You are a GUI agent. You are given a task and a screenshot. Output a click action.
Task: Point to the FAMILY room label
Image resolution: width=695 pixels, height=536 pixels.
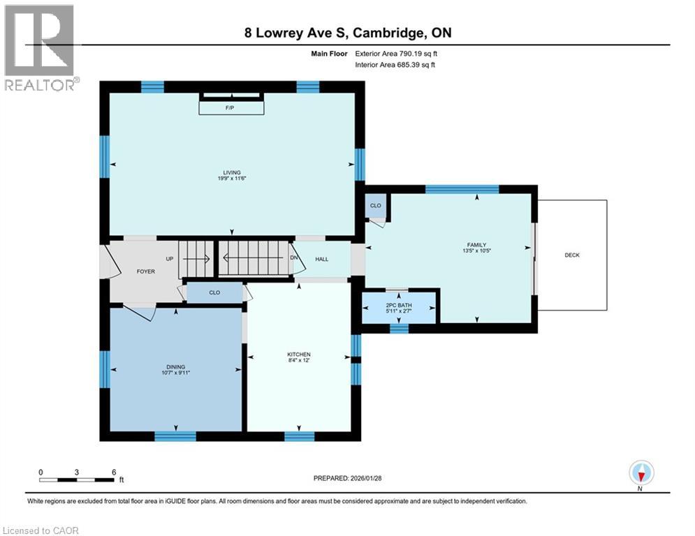point(476,245)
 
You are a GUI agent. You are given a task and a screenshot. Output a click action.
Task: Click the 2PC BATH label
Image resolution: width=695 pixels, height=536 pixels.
point(400,306)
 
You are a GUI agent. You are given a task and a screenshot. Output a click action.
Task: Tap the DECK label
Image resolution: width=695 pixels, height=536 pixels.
point(571,255)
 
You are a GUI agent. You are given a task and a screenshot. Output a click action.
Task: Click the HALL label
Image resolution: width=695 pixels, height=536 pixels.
point(321,259)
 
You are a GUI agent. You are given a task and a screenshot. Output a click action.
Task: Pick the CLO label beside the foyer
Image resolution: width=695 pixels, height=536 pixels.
point(214,292)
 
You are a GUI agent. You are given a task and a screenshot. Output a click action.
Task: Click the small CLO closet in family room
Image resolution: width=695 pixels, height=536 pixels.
point(375,206)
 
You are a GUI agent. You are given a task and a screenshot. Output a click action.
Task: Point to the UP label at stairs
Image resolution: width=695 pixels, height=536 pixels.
point(169,258)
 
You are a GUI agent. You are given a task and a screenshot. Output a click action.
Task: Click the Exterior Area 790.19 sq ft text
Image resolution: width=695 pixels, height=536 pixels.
point(396,52)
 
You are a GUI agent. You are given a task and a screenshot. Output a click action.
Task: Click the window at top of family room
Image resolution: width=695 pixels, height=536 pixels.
point(462,189)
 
